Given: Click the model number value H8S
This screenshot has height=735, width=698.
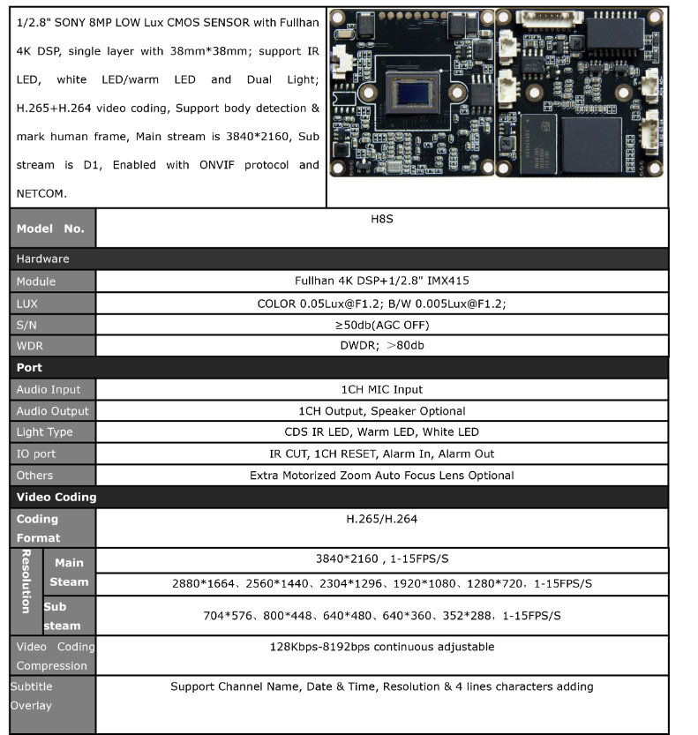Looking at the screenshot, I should coord(381,218).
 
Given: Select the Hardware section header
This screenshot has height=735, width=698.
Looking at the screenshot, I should coord(42,259).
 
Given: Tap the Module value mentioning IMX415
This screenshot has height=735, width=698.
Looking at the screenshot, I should coord(381,281).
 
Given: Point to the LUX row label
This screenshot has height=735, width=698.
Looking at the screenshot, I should coord(28,303).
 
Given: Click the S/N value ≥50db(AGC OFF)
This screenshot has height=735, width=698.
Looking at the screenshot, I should coord(381,324).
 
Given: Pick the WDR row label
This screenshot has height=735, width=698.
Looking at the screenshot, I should coord(30,345).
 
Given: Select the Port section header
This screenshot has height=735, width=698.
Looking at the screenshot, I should coord(29,367).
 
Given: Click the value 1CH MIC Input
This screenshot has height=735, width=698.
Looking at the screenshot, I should coord(381,389).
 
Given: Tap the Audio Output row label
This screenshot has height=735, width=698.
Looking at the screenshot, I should coord(52,410).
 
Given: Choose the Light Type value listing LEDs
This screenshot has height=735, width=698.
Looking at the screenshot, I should coord(381,432).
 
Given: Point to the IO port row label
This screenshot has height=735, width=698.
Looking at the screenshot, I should coord(36,454).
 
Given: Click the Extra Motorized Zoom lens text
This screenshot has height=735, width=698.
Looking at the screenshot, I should coord(381,476).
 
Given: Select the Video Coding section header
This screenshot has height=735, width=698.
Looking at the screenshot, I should coord(56,497).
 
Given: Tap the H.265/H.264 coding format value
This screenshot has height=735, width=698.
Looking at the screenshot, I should coord(381,519).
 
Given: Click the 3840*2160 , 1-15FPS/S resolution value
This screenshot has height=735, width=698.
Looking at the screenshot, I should coord(381,559).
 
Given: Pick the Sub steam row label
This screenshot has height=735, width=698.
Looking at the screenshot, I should coord(62,616).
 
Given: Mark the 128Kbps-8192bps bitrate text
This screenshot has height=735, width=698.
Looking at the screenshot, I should coord(381,647).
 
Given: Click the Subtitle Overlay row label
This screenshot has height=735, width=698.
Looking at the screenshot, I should coord(32,695).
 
